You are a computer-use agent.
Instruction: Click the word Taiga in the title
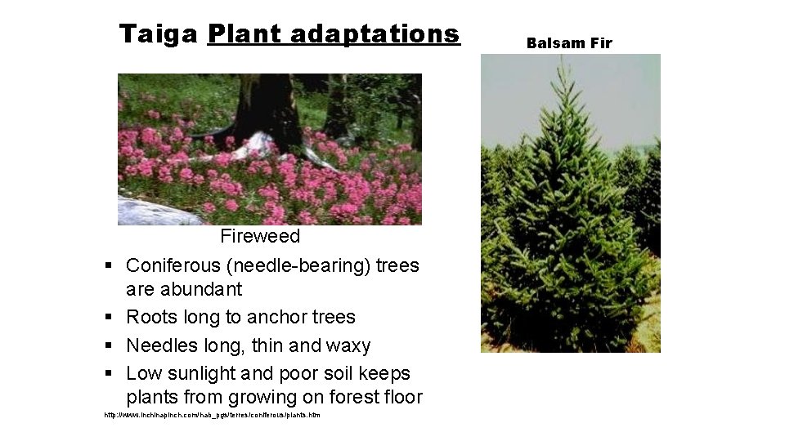159,34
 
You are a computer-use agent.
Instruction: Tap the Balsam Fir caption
569,43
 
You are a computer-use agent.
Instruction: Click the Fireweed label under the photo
260,236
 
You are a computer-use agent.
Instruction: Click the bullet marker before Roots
108,318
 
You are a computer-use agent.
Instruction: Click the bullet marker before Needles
108,346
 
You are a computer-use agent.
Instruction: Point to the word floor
403,398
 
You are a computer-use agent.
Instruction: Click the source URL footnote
212,416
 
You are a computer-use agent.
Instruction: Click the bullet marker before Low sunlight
108,374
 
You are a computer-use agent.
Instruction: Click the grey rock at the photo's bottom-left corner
151,212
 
